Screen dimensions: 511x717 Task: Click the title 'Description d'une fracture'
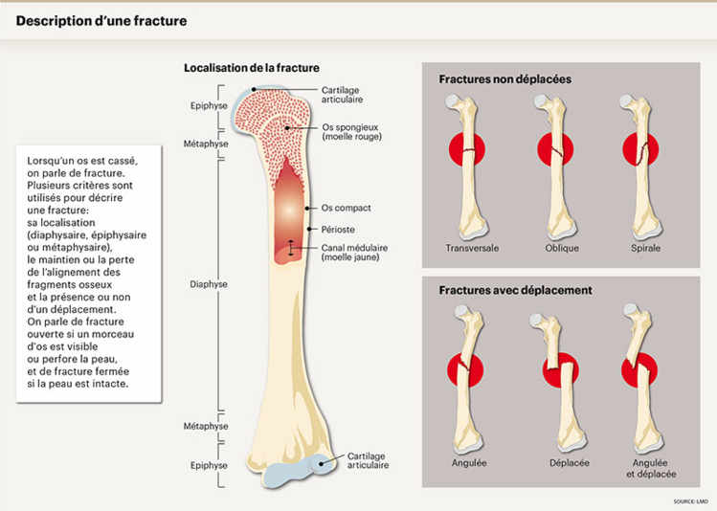click(102, 20)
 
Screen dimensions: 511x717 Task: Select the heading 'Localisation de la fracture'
click(251, 68)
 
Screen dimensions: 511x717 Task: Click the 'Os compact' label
click(346, 208)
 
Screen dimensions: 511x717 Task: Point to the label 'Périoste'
click(337, 230)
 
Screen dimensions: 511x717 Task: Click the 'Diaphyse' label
click(209, 284)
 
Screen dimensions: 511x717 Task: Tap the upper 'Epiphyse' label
click(208, 106)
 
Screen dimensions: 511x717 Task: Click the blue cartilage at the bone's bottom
click(287, 471)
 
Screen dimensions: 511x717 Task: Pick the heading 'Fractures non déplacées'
click(504, 79)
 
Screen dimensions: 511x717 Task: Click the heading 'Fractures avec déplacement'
click(515, 290)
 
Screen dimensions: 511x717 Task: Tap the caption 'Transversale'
click(472, 249)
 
